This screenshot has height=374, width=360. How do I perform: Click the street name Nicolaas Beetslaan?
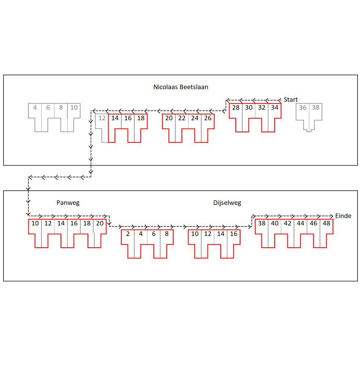click(181, 87)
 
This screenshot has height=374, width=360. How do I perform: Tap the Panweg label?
click(68, 203)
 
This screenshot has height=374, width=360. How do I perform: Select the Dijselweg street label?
click(227, 203)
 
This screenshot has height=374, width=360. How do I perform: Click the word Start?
click(291, 100)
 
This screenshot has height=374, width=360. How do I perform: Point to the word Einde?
click(344, 216)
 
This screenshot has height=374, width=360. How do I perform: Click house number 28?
click(236, 108)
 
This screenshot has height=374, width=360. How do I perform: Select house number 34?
click(275, 108)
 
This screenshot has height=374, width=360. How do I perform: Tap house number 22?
click(182, 118)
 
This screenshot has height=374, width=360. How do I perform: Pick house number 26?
click(207, 118)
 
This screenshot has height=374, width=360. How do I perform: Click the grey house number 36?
click(303, 108)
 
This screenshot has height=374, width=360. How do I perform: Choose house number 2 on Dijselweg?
click(128, 234)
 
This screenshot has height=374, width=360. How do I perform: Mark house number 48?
click(326, 223)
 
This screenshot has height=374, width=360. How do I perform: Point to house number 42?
click(287, 223)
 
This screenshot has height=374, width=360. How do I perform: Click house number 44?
click(300, 223)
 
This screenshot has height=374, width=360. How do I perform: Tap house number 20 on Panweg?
click(100, 223)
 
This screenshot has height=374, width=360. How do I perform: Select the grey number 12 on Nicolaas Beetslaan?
click(102, 118)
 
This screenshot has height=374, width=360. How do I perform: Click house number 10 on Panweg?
click(35, 223)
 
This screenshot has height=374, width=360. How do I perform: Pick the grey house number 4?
click(35, 108)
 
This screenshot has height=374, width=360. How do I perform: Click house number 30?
click(249, 108)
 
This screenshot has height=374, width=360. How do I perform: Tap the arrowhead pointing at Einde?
click(331, 216)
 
